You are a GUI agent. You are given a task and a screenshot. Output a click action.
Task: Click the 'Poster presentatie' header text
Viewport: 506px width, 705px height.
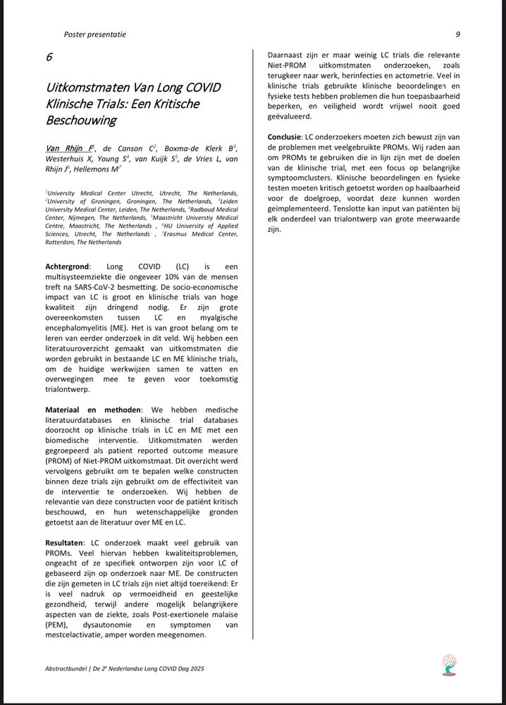click(95, 34)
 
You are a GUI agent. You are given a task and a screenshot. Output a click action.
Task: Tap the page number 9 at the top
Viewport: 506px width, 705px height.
click(458, 34)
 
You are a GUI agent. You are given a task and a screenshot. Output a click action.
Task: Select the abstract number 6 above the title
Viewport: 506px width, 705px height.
click(49, 57)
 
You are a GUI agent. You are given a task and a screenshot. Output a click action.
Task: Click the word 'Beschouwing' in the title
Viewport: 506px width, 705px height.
click(81, 121)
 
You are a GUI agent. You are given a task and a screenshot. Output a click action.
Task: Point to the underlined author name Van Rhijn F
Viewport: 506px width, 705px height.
click(69, 149)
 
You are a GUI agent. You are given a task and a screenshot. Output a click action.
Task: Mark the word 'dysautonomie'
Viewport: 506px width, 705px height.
click(113, 624)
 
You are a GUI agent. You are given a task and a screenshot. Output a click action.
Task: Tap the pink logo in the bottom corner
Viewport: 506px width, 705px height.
click(448, 664)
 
